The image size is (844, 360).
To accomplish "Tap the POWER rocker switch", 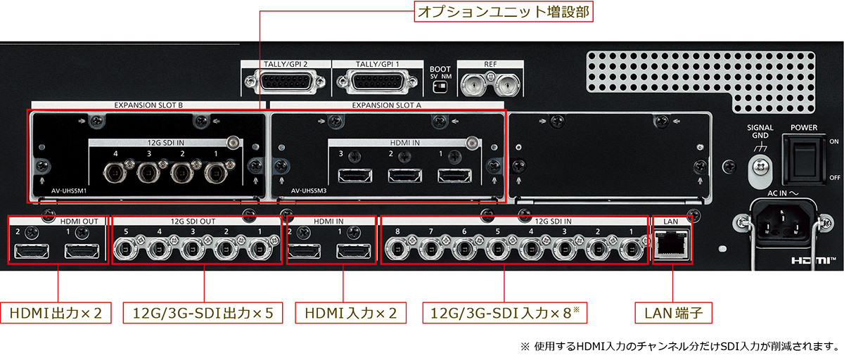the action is click(805, 160).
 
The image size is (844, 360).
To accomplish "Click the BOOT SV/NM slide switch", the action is click(440, 87).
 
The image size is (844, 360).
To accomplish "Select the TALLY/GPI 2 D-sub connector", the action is click(285, 81).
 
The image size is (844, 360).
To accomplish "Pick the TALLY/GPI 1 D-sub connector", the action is click(377, 81).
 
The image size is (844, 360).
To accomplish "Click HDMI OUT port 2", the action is click(32, 251).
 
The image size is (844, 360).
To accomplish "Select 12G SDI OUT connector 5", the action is click(126, 249).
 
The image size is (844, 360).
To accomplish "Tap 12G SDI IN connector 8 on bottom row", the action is click(397, 249).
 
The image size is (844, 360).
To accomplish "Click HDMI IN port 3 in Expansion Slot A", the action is click(355, 176).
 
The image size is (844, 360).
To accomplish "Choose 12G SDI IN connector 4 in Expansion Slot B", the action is click(115, 173).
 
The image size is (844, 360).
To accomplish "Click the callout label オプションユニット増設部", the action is click(504, 12).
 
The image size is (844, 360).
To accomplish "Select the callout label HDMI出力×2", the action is click(56, 313).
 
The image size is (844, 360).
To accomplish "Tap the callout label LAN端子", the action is click(674, 313).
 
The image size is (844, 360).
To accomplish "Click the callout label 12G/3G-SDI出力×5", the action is click(203, 313).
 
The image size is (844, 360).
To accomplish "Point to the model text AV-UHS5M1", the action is click(69, 191).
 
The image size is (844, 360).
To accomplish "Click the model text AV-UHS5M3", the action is click(309, 191).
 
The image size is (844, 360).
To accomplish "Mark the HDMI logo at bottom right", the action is click(813, 260).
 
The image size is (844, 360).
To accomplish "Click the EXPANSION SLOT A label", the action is click(387, 105).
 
